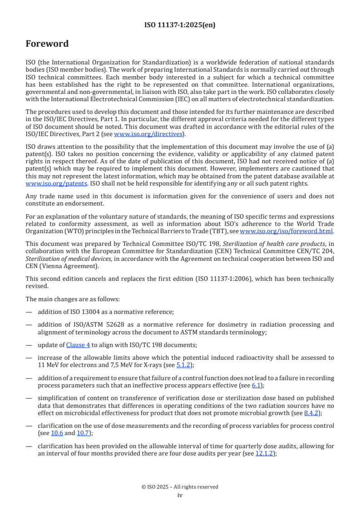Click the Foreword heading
[x=47, y=44]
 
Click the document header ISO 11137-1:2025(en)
[x=180, y=25]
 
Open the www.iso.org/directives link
[x=148, y=134]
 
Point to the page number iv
[x=180, y=495]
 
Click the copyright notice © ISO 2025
[x=180, y=487]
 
